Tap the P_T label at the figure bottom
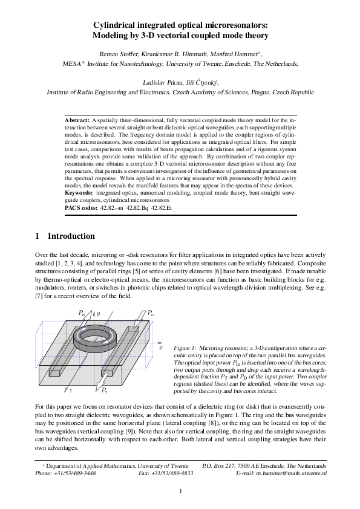click(105, 391)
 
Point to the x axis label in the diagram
click(161, 348)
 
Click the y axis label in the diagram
click(99, 315)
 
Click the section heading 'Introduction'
click(71, 236)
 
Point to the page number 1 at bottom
click(180, 491)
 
